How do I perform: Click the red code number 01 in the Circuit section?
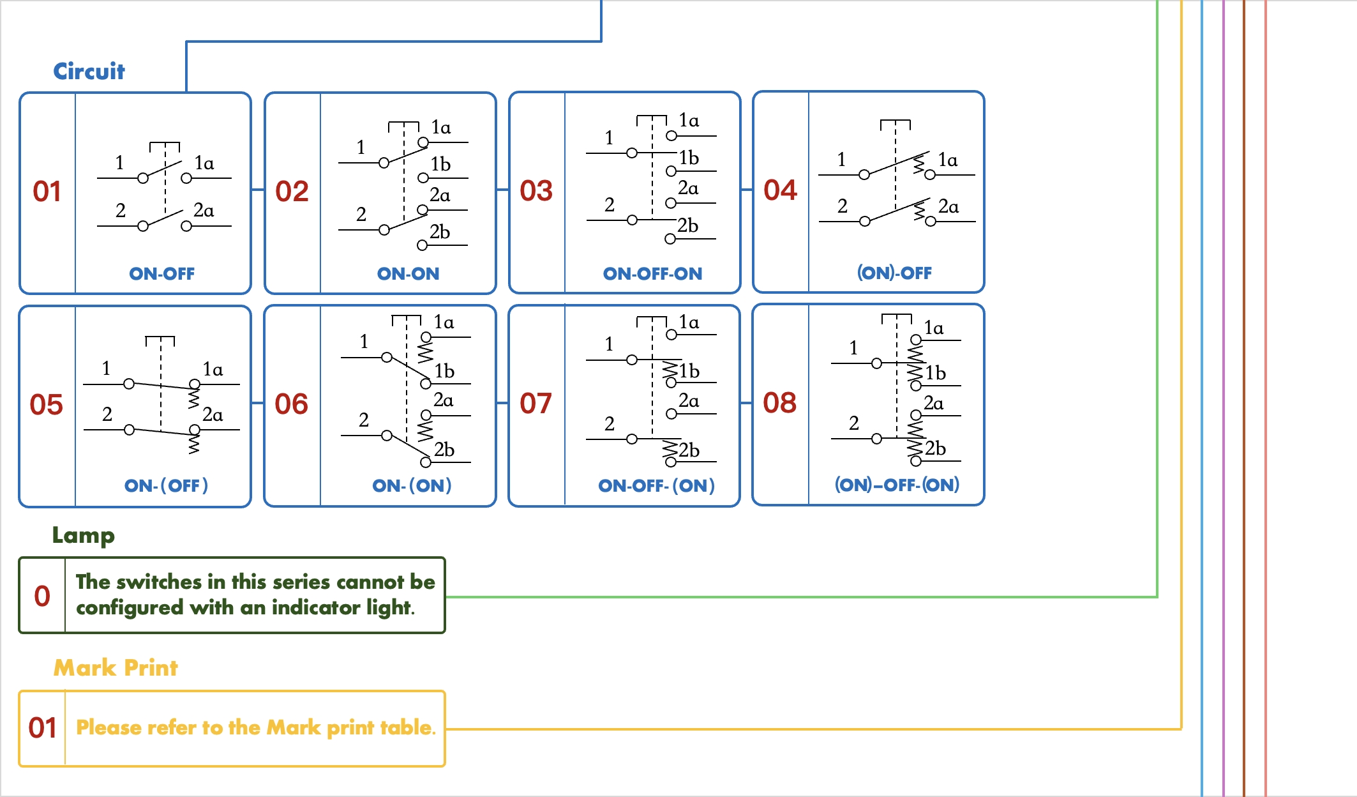pos(47,192)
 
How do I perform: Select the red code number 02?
pos(292,192)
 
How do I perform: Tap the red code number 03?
pos(536,191)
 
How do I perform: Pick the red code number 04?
pos(780,190)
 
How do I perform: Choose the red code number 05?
pos(47,405)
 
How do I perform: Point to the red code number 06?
pos(291,404)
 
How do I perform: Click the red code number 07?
pos(536,404)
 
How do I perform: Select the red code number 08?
pos(779,403)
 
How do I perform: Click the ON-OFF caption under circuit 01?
pos(161,274)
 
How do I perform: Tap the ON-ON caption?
pos(408,274)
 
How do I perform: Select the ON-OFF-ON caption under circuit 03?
pos(652,274)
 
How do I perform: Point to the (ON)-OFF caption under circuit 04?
pos(894,273)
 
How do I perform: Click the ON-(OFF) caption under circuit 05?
pos(166,486)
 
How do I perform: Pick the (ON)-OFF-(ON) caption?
pos(897,485)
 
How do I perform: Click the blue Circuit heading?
pos(89,72)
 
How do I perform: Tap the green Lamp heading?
pos(84,535)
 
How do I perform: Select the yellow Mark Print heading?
pos(116,668)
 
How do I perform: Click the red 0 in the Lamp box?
pos(42,596)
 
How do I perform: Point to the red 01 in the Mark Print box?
pos(43,728)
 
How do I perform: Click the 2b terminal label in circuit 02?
pos(440,232)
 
